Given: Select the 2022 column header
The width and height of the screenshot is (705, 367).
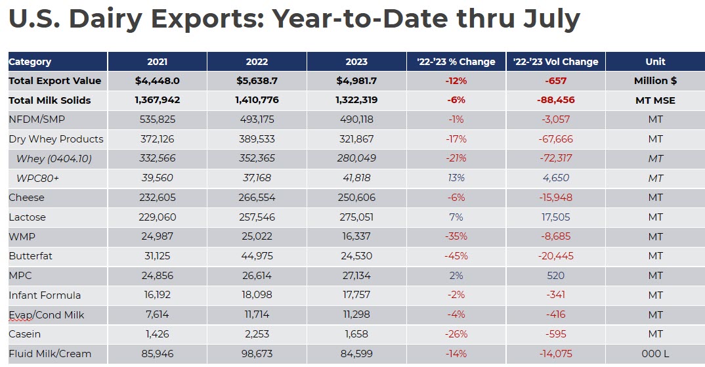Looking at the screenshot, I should pyautogui.click(x=257, y=62).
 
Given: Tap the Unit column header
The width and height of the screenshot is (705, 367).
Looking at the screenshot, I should pyautogui.click(x=655, y=62).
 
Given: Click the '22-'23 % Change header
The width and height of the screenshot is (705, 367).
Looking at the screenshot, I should pyautogui.click(x=456, y=62).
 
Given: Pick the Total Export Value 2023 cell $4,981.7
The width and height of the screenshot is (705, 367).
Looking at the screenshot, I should pyautogui.click(x=356, y=81).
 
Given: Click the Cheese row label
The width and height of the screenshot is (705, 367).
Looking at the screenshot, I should pyautogui.click(x=27, y=198).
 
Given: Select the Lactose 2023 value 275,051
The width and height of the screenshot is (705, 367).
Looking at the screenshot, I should pyautogui.click(x=356, y=217).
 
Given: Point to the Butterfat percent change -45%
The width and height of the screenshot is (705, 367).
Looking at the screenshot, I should pyautogui.click(x=456, y=256).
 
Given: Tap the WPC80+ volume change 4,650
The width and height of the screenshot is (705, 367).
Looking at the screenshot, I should pyautogui.click(x=555, y=178).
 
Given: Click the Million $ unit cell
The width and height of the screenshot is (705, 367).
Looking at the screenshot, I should pyautogui.click(x=655, y=81).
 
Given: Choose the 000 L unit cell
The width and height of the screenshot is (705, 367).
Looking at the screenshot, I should pyautogui.click(x=655, y=354).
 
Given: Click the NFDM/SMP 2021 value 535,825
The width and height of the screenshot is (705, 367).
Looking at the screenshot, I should pyautogui.click(x=158, y=119).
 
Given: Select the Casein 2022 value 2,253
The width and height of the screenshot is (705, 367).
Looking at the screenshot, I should pyautogui.click(x=257, y=334).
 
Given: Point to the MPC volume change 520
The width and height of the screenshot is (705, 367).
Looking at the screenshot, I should pyautogui.click(x=555, y=276).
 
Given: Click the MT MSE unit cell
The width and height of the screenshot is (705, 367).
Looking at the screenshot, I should pyautogui.click(x=655, y=100).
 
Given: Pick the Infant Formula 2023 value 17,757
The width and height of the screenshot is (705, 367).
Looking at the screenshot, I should pyautogui.click(x=356, y=295).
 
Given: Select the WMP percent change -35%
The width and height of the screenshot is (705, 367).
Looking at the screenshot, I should pyautogui.click(x=456, y=236).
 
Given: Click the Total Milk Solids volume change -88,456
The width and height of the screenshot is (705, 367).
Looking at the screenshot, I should pyautogui.click(x=555, y=100).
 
